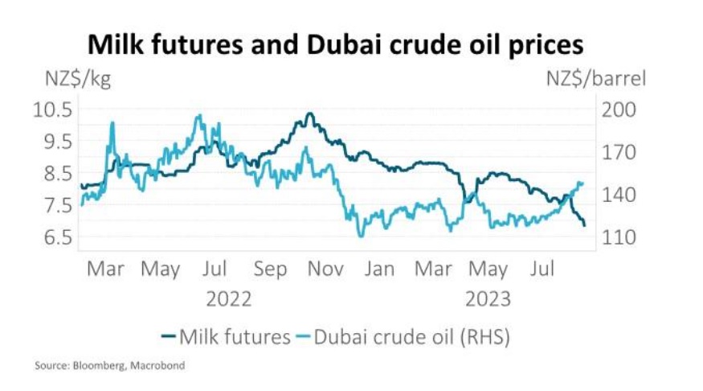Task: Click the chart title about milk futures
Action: click(x=335, y=44)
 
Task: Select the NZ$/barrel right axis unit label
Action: click(x=596, y=80)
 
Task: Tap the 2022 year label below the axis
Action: click(x=229, y=299)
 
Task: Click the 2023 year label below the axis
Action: click(x=488, y=299)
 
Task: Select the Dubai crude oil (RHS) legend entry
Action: click(x=406, y=336)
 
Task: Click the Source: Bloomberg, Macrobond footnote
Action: click(x=109, y=366)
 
